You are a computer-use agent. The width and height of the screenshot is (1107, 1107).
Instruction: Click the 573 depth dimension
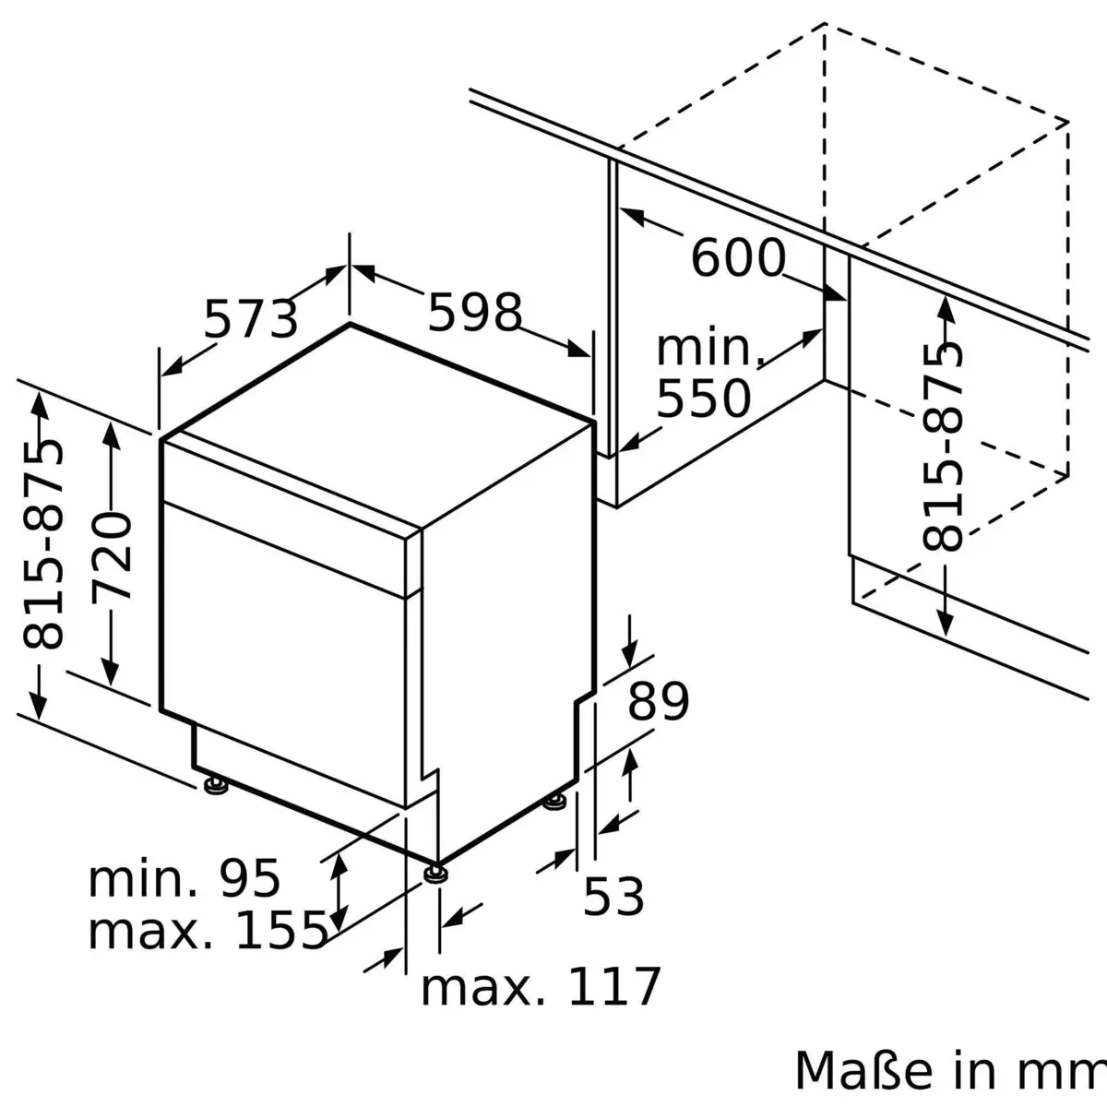(250, 319)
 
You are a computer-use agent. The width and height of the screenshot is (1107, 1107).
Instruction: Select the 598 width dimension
(475, 313)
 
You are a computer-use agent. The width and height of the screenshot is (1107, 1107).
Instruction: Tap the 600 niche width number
(738, 257)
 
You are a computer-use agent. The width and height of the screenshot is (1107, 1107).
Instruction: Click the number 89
(659, 702)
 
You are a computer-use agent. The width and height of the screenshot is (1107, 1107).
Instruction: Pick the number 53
(613, 896)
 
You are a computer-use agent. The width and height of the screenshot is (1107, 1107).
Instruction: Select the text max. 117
(542, 987)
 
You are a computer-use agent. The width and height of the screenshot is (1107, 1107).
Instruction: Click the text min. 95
(184, 878)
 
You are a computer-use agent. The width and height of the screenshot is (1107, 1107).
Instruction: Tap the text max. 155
(208, 930)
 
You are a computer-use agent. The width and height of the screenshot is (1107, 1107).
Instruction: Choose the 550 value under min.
(703, 399)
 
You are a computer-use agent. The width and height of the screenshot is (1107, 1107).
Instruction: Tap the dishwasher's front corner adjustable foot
(435, 871)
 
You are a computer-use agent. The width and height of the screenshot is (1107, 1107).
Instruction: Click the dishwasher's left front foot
(216, 785)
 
